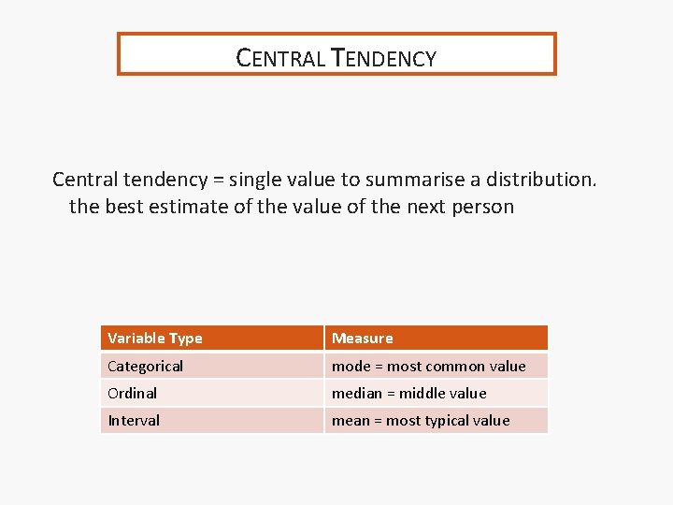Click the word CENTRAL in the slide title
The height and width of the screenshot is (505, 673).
[x=279, y=58]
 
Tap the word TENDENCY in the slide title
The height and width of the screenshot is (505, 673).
[x=384, y=58]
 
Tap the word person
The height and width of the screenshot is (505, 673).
[x=480, y=207]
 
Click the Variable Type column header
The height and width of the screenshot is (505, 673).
[x=155, y=338]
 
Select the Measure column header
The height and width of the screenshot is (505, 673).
[x=363, y=338]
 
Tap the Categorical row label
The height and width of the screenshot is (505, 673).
[x=145, y=366]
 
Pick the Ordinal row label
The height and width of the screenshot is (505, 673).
[x=133, y=393]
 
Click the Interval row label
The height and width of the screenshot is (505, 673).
[x=134, y=420]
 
